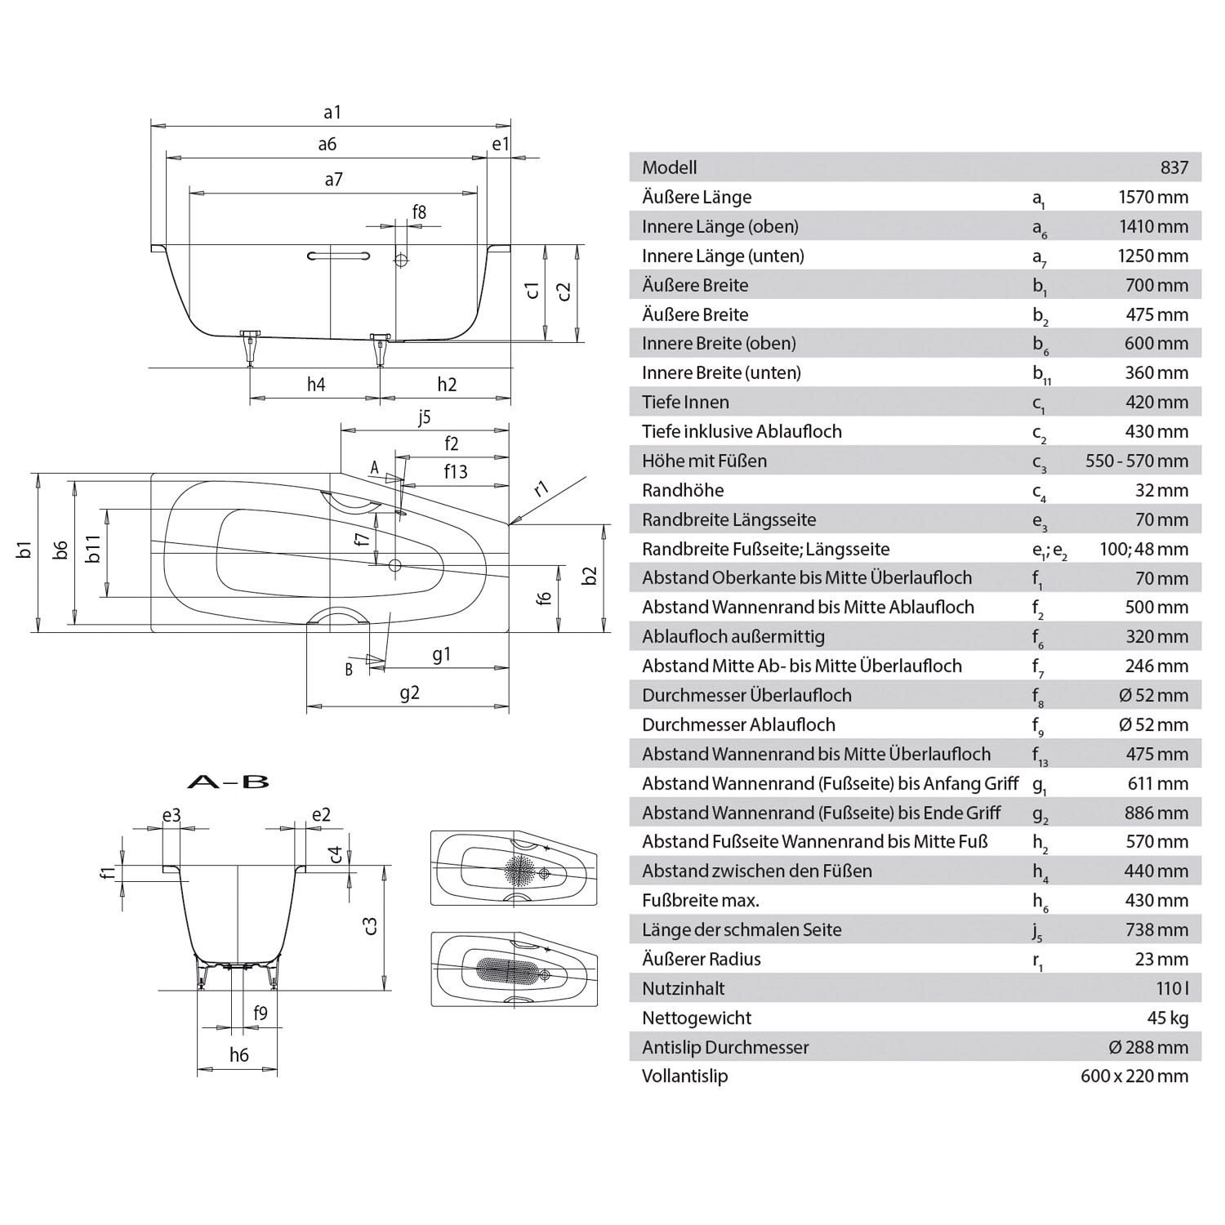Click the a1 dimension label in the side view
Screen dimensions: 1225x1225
[332, 112]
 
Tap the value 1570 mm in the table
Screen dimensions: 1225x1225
[1153, 197]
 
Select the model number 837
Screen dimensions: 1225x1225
[1174, 167]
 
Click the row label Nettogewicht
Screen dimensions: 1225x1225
[696, 1018]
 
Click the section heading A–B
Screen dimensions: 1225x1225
[228, 782]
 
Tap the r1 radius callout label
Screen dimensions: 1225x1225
[541, 489]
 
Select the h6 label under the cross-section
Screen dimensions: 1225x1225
[238, 1055]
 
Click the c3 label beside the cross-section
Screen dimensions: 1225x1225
[370, 925]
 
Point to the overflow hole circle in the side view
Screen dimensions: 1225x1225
[401, 261]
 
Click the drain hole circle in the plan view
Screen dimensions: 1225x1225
[395, 565]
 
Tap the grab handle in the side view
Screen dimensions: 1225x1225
[338, 256]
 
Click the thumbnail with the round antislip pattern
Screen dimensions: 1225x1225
[514, 868]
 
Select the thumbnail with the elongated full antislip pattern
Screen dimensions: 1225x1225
[514, 969]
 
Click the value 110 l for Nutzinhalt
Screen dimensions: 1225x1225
[1172, 988]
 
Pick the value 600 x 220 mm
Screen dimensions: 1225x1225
[1134, 1076]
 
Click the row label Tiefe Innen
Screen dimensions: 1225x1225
[685, 402]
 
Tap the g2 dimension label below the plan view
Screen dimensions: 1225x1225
[409, 693]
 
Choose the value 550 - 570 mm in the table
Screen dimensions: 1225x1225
[1136, 461]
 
